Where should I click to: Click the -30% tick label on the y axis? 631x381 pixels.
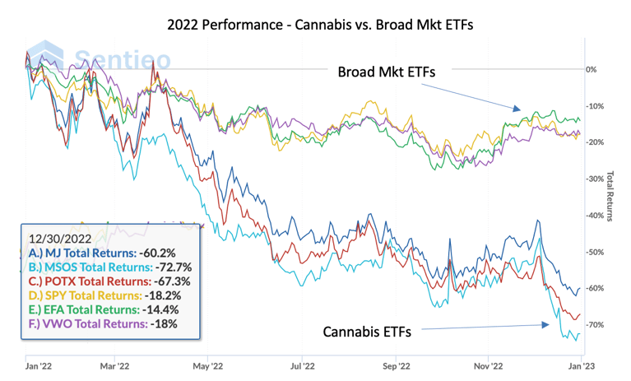coord(593,179)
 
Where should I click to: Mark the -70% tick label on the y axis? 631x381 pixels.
coord(593,324)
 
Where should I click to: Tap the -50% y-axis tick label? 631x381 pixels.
coord(593,252)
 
